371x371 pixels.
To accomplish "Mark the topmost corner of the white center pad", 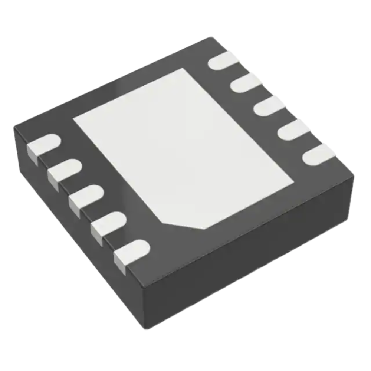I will (x=182, y=68).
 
